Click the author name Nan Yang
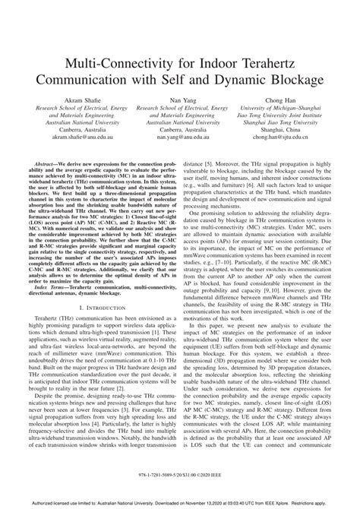(x=180, y=100)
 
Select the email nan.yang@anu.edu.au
(x=180, y=138)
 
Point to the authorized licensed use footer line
(x=180, y=501)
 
